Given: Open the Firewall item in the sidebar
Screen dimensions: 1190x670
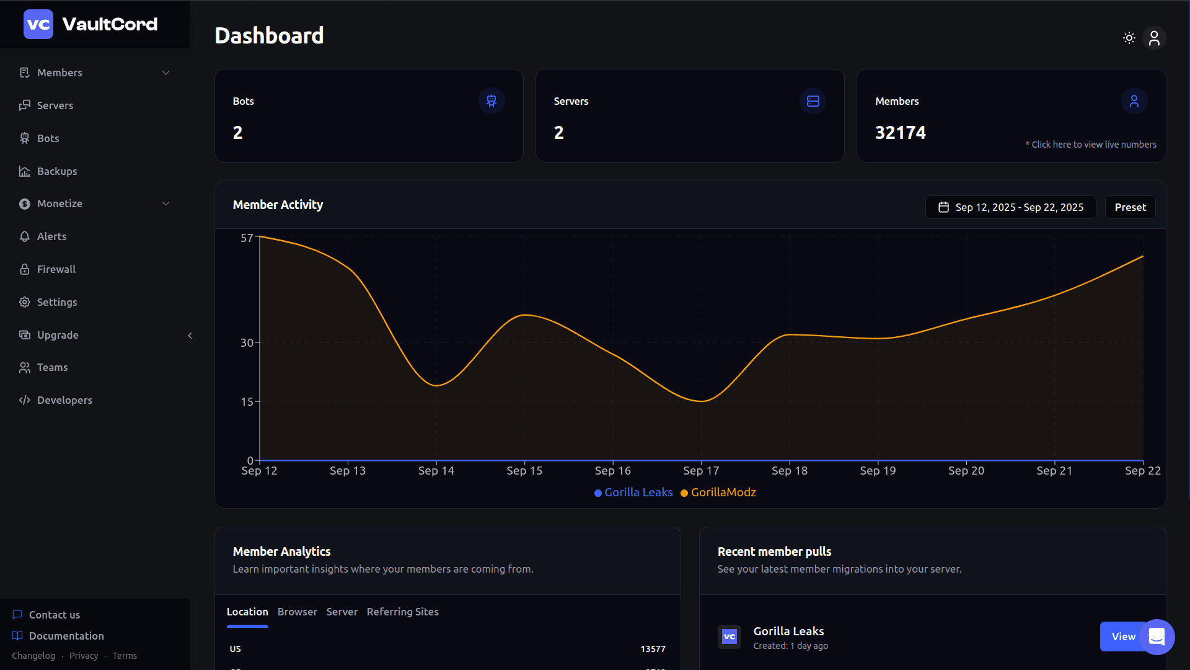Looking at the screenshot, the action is pos(56,269).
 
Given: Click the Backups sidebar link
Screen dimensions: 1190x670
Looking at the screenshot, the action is pos(56,171).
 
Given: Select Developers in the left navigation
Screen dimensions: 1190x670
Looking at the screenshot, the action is pos(64,400).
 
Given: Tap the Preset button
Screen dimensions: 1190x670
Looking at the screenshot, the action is pos(1130,207).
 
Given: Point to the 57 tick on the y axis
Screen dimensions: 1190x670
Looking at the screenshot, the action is pos(247,238).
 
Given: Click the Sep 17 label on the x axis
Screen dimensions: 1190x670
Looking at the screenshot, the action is pos(701,471).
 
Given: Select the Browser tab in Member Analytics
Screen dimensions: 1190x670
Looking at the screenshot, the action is pos(297,612).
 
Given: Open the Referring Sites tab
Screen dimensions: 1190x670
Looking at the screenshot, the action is pos(402,612).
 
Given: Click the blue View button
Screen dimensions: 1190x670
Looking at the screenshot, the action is pos(1122,636).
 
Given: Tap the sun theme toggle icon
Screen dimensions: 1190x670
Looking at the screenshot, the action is pos(1129,38).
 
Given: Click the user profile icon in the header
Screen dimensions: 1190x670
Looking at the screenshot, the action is pos(1154,38).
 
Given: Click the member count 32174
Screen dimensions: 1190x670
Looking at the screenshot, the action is pos(900,133).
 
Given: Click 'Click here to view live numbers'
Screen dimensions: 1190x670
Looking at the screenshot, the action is pos(1093,145).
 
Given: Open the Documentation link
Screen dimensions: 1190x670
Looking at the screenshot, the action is pos(66,636).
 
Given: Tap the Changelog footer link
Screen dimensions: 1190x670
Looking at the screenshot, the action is pos(33,656).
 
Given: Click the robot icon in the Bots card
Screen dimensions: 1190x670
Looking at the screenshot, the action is pos(491,101).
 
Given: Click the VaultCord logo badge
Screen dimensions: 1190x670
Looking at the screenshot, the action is pos(38,24).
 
